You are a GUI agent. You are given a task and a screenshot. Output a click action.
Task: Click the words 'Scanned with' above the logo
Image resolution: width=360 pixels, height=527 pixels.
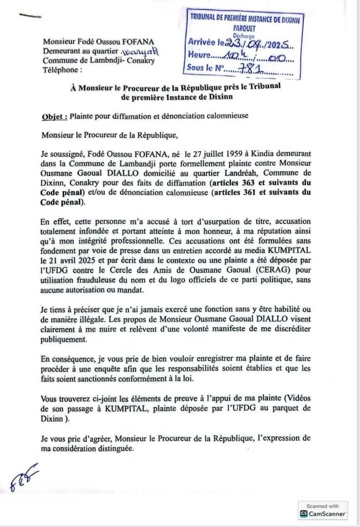click(x=322, y=506)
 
